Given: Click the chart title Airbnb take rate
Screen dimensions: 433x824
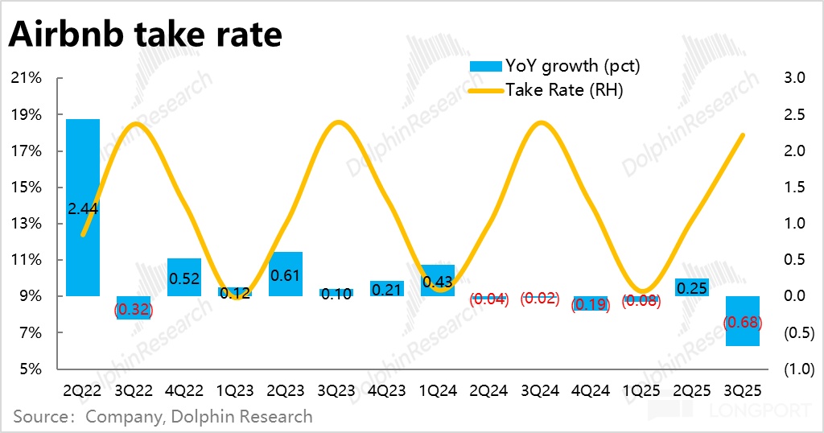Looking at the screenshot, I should (146, 35).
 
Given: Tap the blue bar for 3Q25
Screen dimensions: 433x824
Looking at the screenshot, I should (743, 321).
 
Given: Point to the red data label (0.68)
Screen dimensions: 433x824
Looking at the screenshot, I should (743, 323).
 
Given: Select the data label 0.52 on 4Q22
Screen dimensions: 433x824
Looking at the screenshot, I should (184, 278).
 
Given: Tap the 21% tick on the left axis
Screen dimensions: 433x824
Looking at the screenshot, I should (27, 78).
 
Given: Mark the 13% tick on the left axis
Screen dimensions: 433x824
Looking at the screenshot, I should (27, 224).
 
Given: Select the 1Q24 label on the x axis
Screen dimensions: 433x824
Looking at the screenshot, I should (438, 391).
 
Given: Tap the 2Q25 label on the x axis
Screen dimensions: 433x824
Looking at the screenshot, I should (692, 391).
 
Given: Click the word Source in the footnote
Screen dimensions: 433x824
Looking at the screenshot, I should (39, 417).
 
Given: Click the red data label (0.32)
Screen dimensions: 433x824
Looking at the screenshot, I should (133, 308).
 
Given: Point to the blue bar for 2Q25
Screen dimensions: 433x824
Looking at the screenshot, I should (692, 287).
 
